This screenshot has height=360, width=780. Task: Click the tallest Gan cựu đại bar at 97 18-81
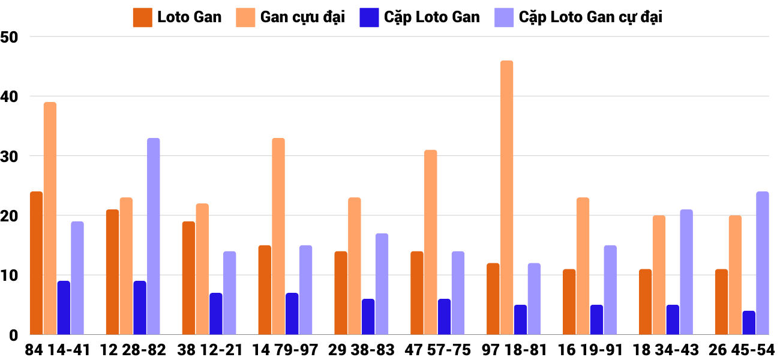(x=506, y=197)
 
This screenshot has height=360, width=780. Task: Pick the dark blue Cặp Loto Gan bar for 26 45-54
(x=749, y=322)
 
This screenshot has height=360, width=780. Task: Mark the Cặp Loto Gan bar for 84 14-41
(x=64, y=307)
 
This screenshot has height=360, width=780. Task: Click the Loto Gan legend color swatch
(x=142, y=17)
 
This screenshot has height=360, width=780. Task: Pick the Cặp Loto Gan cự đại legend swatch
(x=503, y=17)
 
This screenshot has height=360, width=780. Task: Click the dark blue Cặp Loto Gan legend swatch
(x=368, y=17)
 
